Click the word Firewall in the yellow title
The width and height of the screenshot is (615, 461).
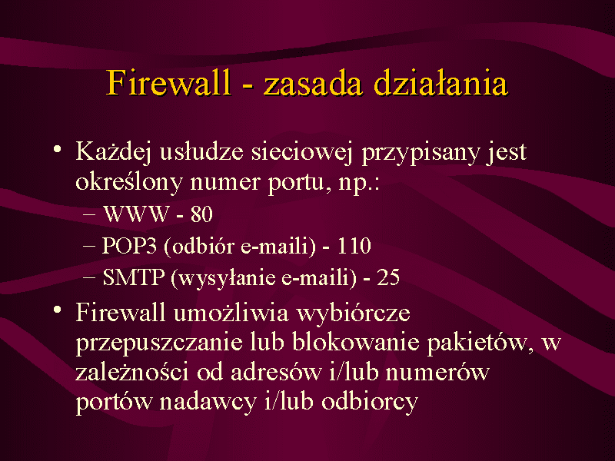point(168,83)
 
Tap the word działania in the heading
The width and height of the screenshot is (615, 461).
point(440,82)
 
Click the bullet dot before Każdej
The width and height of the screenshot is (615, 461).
point(58,150)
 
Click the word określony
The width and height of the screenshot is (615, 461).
point(129,181)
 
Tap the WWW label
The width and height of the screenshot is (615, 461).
point(136,214)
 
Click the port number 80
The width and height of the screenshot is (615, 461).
point(201,214)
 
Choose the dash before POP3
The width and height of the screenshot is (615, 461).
point(89,247)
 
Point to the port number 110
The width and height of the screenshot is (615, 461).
point(354,246)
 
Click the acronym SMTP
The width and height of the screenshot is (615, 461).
point(133,277)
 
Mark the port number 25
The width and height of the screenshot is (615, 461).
point(388,277)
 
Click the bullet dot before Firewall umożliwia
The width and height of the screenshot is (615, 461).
point(58,310)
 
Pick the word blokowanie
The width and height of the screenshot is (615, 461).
point(356,342)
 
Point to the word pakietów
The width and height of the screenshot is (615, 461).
point(478,343)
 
